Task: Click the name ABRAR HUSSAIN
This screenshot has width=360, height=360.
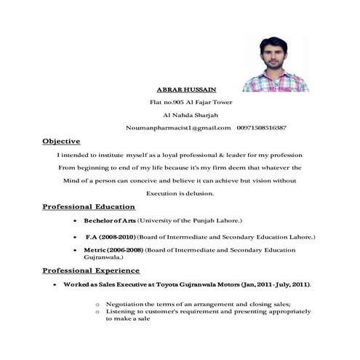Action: coord(186,89)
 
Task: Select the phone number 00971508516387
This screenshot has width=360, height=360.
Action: coord(261,127)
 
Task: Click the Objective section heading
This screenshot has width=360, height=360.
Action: coord(61,140)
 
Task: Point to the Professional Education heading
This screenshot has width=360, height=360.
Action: coord(89,207)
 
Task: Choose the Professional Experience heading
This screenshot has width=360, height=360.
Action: coord(91,270)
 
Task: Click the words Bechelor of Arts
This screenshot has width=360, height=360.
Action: coord(110,220)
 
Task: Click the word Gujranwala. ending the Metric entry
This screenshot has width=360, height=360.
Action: coord(103,257)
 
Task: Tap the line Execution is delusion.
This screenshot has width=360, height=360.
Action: coord(180,193)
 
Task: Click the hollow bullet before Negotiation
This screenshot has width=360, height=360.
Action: coord(97,303)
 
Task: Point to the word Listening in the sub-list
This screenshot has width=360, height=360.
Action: coord(121,311)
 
